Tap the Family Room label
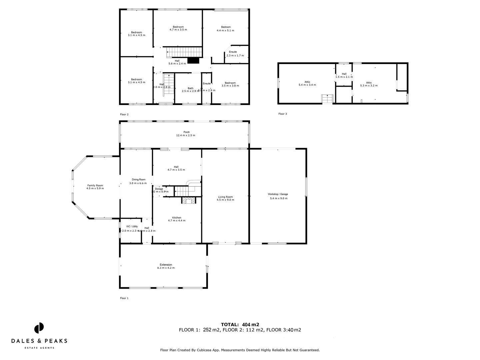(95, 185)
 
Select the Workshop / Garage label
(278, 194)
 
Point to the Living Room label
(225, 197)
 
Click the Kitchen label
(177, 218)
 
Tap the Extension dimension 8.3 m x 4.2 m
(166, 268)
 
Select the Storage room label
(159, 189)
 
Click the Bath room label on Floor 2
(190, 88)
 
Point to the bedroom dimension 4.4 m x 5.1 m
(225, 30)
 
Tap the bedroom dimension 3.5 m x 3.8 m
(230, 86)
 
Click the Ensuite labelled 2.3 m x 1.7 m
(233, 52)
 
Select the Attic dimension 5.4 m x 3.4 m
(307, 85)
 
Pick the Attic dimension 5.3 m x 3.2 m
(369, 86)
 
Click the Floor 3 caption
(282, 114)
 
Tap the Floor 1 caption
(124, 298)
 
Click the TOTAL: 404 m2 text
(240, 324)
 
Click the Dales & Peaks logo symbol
(39, 328)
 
